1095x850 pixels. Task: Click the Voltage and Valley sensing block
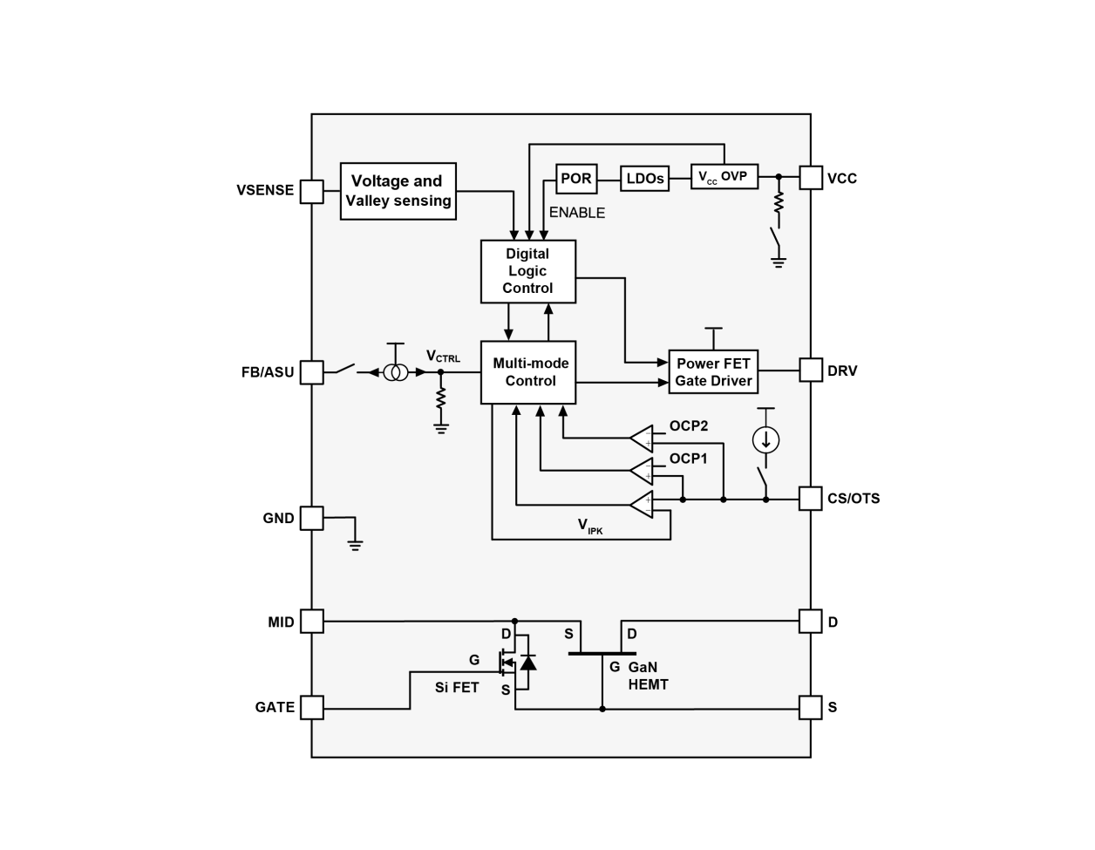(x=398, y=191)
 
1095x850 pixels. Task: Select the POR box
(x=575, y=179)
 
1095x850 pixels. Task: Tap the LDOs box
(x=645, y=179)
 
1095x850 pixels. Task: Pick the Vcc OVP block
(x=724, y=177)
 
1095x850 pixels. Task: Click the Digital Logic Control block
(x=528, y=271)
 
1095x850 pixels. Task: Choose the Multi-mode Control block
(x=528, y=372)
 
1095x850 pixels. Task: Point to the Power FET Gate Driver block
(x=713, y=372)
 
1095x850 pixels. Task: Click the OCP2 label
(x=688, y=426)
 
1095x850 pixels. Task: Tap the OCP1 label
(x=688, y=459)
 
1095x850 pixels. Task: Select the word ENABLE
(x=576, y=213)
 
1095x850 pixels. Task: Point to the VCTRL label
(x=443, y=356)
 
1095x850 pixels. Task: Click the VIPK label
(x=590, y=525)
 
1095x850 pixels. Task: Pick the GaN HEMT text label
(x=648, y=677)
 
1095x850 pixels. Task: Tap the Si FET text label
(x=457, y=687)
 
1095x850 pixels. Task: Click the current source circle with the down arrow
(x=765, y=439)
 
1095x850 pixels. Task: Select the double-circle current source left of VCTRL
(x=396, y=372)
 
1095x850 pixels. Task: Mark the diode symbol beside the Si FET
(x=527, y=663)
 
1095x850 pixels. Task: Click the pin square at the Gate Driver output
(x=811, y=370)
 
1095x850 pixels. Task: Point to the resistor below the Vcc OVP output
(x=778, y=203)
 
